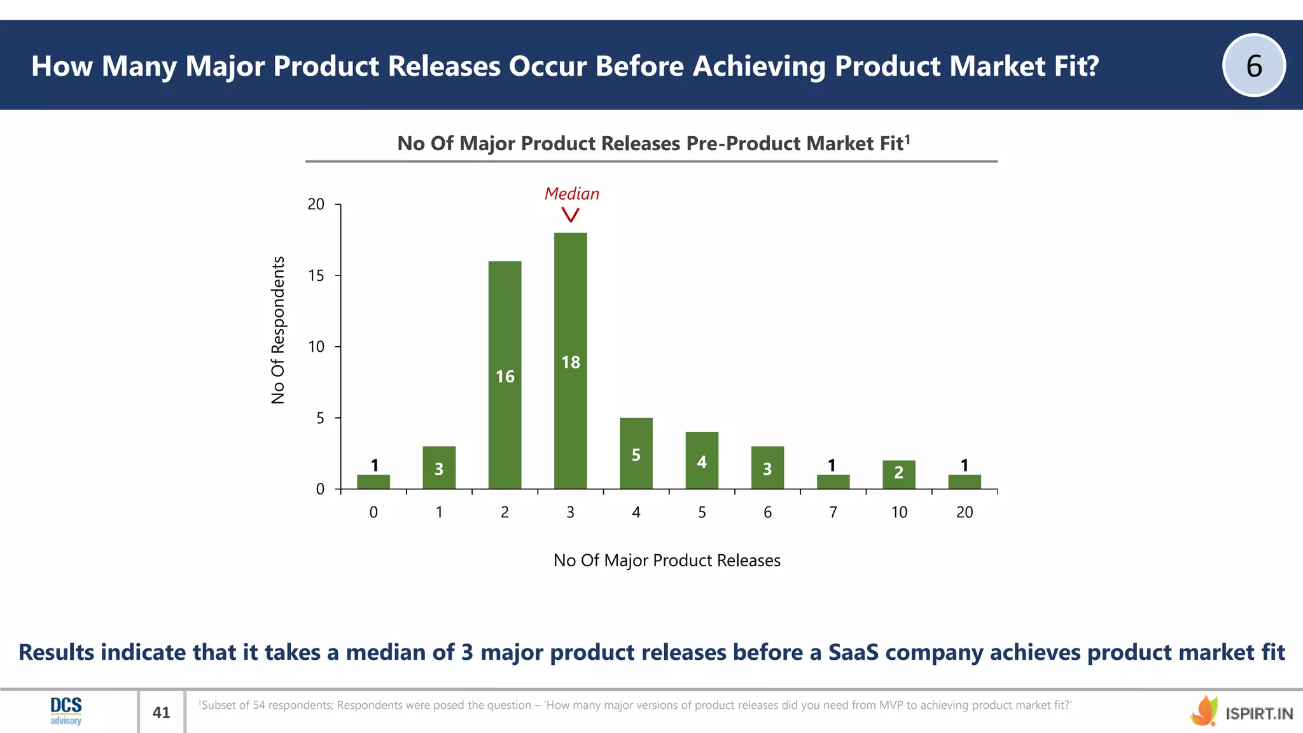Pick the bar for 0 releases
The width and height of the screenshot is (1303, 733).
tap(373, 482)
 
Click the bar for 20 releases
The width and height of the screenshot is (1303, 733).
tap(964, 482)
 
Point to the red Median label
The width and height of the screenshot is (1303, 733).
tap(571, 193)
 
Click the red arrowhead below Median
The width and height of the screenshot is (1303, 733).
tap(571, 216)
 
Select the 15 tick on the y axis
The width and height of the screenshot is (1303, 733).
tap(316, 276)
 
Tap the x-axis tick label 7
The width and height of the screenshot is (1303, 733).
tap(833, 512)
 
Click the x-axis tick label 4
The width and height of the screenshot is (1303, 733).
tap(636, 512)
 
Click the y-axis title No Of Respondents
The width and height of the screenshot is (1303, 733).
tap(278, 330)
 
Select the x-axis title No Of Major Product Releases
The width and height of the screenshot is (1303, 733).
tap(666, 560)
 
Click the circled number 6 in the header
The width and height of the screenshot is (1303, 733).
tap(1253, 66)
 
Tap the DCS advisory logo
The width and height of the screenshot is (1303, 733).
tap(66, 711)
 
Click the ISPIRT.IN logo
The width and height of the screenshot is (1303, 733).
tap(1241, 712)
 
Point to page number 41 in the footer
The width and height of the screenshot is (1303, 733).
tap(162, 712)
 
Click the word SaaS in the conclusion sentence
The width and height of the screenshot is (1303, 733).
tap(853, 652)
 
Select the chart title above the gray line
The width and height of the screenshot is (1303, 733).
tap(653, 143)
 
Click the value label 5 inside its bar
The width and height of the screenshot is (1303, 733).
tap(636, 455)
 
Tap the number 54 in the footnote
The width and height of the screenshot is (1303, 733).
tap(259, 705)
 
